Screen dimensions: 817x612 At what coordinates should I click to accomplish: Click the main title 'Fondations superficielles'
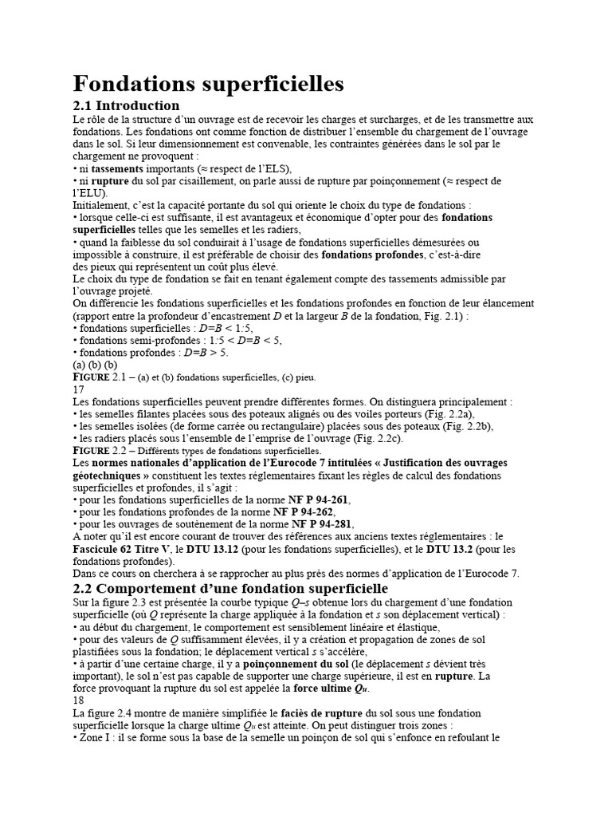208,84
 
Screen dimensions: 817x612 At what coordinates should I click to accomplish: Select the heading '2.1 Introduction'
126,105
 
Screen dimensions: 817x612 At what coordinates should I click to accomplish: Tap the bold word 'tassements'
117,169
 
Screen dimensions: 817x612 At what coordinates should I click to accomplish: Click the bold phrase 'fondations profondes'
372,255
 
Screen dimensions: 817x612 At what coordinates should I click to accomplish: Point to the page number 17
78,389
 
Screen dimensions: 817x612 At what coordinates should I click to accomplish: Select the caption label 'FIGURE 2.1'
101,377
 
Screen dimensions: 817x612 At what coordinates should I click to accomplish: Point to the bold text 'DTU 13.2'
450,549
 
